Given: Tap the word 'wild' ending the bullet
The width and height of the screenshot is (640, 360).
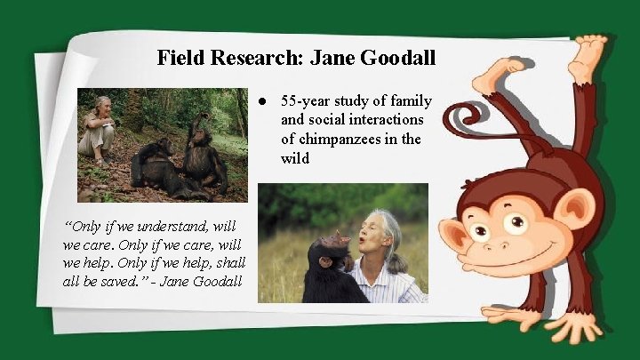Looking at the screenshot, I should (295, 159).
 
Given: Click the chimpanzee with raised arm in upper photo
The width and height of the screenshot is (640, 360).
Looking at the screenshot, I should (203, 147).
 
